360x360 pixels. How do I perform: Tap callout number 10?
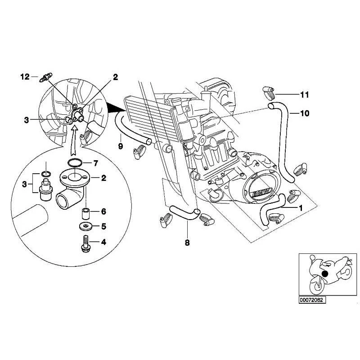305,113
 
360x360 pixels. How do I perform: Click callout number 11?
305,94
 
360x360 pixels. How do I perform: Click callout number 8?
187,243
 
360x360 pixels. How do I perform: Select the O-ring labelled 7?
75,162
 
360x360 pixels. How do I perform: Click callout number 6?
103,211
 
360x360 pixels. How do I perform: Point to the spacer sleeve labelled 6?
84,211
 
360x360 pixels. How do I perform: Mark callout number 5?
103,226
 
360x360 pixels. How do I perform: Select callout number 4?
103,242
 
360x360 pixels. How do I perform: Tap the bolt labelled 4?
85,243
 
